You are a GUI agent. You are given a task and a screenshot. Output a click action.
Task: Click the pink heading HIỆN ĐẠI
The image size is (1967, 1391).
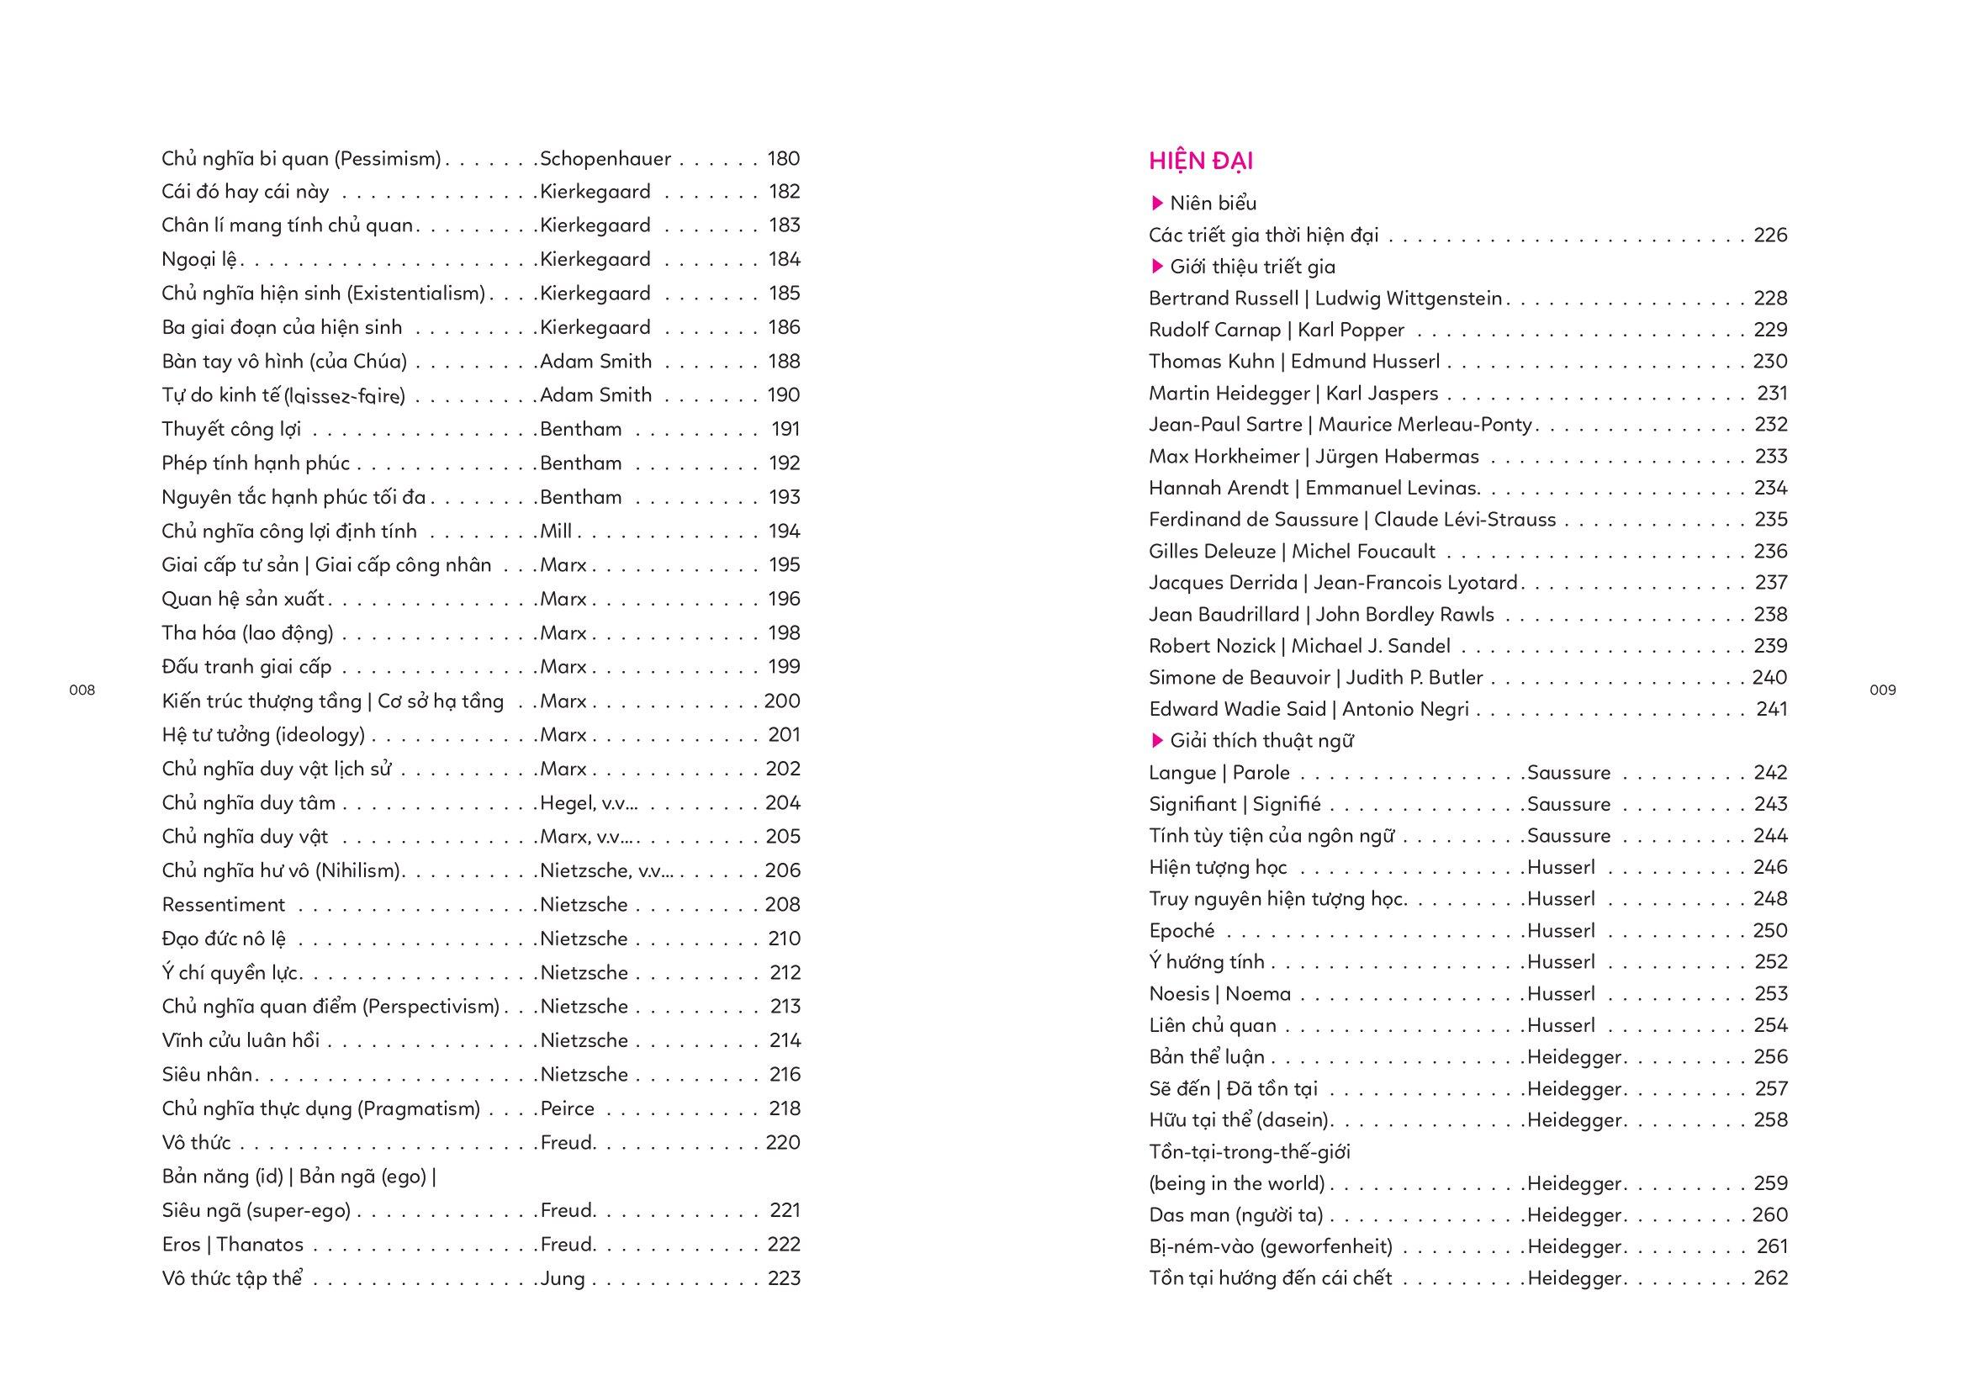[1201, 161]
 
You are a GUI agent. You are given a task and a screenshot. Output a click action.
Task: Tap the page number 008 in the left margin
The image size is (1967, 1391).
[82, 690]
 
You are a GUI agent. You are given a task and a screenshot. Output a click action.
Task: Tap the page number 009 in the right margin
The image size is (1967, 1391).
[1882, 690]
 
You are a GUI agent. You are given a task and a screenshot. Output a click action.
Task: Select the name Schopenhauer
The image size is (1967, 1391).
[605, 158]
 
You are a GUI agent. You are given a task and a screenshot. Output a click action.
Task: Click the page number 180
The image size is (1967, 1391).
[783, 158]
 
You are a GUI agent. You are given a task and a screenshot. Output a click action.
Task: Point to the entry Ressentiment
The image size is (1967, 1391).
[223, 905]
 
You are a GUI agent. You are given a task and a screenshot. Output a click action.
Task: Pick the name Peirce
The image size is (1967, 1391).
[567, 1108]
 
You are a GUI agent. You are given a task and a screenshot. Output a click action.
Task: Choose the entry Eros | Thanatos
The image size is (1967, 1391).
[232, 1245]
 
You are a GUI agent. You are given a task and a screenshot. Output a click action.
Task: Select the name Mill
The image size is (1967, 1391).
[556, 531]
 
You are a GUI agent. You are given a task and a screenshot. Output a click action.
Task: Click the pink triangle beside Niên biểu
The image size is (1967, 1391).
[1157, 204]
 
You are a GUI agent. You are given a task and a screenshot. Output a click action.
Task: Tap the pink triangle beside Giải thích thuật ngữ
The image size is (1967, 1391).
[1157, 741]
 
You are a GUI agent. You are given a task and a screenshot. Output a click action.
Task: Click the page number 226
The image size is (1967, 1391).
[1770, 235]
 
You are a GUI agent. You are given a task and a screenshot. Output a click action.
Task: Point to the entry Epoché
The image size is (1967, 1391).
[1182, 931]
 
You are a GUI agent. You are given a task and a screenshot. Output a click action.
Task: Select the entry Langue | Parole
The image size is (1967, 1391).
[1219, 773]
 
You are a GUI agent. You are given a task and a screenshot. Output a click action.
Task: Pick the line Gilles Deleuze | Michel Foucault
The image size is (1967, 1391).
[1292, 552]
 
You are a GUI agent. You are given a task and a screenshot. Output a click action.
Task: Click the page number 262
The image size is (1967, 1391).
[1770, 1279]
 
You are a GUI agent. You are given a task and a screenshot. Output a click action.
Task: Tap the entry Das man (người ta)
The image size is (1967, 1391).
[1235, 1215]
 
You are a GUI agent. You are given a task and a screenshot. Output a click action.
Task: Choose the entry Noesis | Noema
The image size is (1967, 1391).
[1219, 994]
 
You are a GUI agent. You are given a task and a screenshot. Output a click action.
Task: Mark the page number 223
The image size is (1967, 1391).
[783, 1279]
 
